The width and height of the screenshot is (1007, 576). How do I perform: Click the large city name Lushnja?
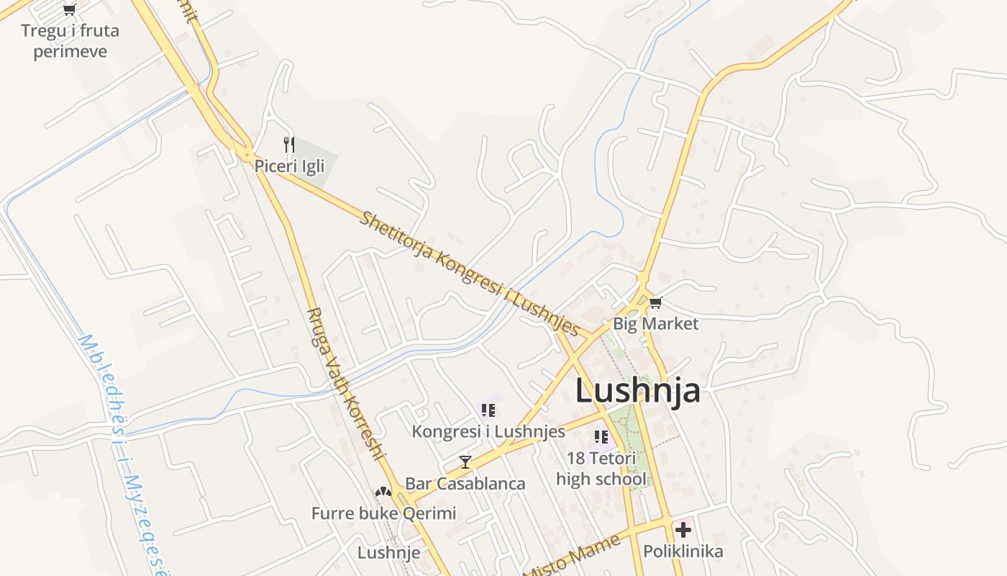click(x=637, y=390)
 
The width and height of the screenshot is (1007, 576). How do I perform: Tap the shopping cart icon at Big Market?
click(x=655, y=303)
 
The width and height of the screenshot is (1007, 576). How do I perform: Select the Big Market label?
click(x=655, y=324)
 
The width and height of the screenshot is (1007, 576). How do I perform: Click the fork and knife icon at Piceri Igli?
click(x=289, y=145)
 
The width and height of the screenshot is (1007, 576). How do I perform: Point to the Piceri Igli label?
click(x=289, y=166)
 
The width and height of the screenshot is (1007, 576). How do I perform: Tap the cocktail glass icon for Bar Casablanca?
click(x=465, y=462)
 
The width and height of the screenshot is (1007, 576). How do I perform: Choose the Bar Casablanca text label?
click(x=465, y=483)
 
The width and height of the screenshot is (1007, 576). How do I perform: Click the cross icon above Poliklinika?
click(x=683, y=531)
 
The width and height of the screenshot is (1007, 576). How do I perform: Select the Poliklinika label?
click(x=683, y=552)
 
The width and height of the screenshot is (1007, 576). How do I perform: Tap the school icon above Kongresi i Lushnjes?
click(x=488, y=410)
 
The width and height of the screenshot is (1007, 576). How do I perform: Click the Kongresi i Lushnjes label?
click(x=488, y=432)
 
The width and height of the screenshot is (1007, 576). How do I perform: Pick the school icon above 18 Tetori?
click(x=601, y=436)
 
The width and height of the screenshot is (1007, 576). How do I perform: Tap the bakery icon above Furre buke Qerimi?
click(x=383, y=492)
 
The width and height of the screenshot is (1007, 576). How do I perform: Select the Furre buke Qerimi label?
click(x=383, y=513)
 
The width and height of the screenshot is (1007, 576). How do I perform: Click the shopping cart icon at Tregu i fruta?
click(x=69, y=9)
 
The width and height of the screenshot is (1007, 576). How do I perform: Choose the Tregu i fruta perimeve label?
click(x=70, y=41)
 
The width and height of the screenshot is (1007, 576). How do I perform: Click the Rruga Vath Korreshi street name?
click(x=346, y=383)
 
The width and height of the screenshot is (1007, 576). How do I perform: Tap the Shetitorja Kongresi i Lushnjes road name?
click(x=469, y=274)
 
